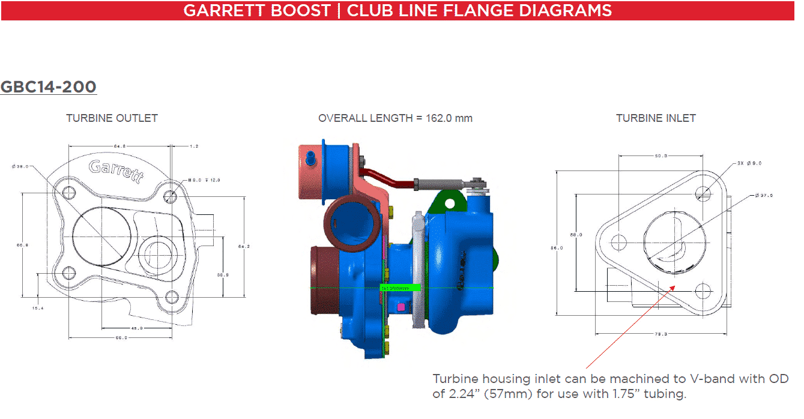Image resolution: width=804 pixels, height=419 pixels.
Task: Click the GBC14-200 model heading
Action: point(48,87)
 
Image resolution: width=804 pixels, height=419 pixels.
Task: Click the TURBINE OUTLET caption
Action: point(112,118)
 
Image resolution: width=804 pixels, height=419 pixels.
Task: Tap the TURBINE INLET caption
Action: point(656,118)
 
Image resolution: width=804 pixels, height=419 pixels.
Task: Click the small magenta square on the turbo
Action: point(400,308)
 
